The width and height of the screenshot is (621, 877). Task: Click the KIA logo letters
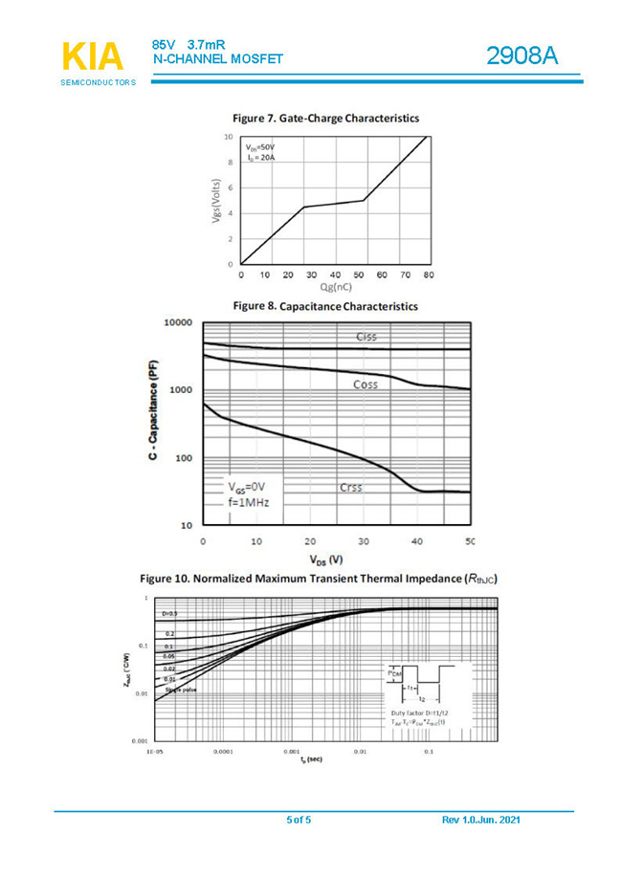(92, 57)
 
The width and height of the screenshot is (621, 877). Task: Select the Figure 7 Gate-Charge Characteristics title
(325, 118)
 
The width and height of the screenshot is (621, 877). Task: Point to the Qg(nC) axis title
(336, 287)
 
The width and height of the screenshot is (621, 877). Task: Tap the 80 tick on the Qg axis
(428, 274)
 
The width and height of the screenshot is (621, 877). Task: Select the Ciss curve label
(366, 337)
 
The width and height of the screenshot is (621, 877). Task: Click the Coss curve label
(365, 384)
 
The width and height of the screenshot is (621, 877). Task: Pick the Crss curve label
(351, 488)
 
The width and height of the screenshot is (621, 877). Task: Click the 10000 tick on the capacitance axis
(177, 323)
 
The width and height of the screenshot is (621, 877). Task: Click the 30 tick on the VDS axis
(364, 542)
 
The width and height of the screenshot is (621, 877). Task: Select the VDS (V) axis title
(325, 559)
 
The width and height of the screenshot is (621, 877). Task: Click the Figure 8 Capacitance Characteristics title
(325, 306)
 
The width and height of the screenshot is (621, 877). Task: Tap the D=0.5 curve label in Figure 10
(169, 612)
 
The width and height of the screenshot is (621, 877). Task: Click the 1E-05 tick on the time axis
(156, 753)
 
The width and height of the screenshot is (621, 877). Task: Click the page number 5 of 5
(299, 821)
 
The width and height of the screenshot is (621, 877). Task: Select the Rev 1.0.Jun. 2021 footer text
(481, 821)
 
